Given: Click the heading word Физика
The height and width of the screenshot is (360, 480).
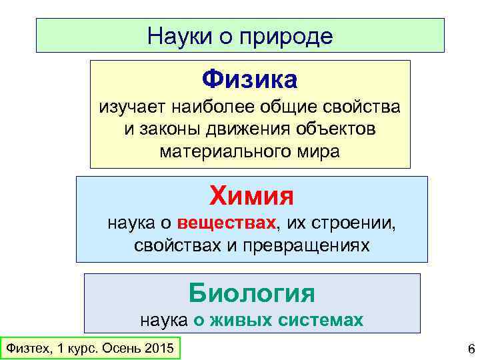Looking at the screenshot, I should pyautogui.click(x=251, y=80).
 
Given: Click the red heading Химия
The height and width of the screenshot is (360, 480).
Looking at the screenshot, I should pyautogui.click(x=251, y=196).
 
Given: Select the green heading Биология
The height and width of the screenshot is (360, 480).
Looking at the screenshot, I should pyautogui.click(x=251, y=293).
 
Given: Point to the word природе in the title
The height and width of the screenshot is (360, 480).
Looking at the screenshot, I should pyautogui.click(x=290, y=37).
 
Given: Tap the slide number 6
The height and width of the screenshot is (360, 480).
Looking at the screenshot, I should pyautogui.click(x=471, y=349).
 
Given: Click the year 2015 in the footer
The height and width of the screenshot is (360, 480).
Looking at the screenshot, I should pyautogui.click(x=159, y=349).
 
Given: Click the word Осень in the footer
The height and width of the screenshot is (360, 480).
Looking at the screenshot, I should pyautogui.click(x=119, y=349).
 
